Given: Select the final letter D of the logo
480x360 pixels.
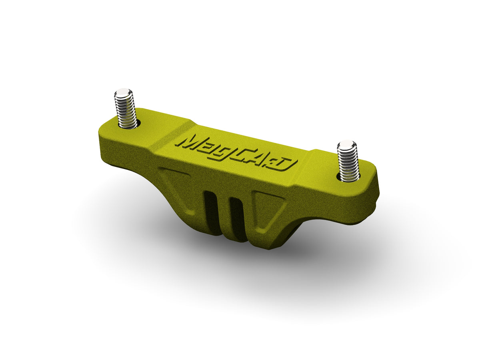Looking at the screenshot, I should click(x=288, y=164).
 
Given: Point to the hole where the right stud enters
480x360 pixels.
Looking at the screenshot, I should click(x=349, y=178).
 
